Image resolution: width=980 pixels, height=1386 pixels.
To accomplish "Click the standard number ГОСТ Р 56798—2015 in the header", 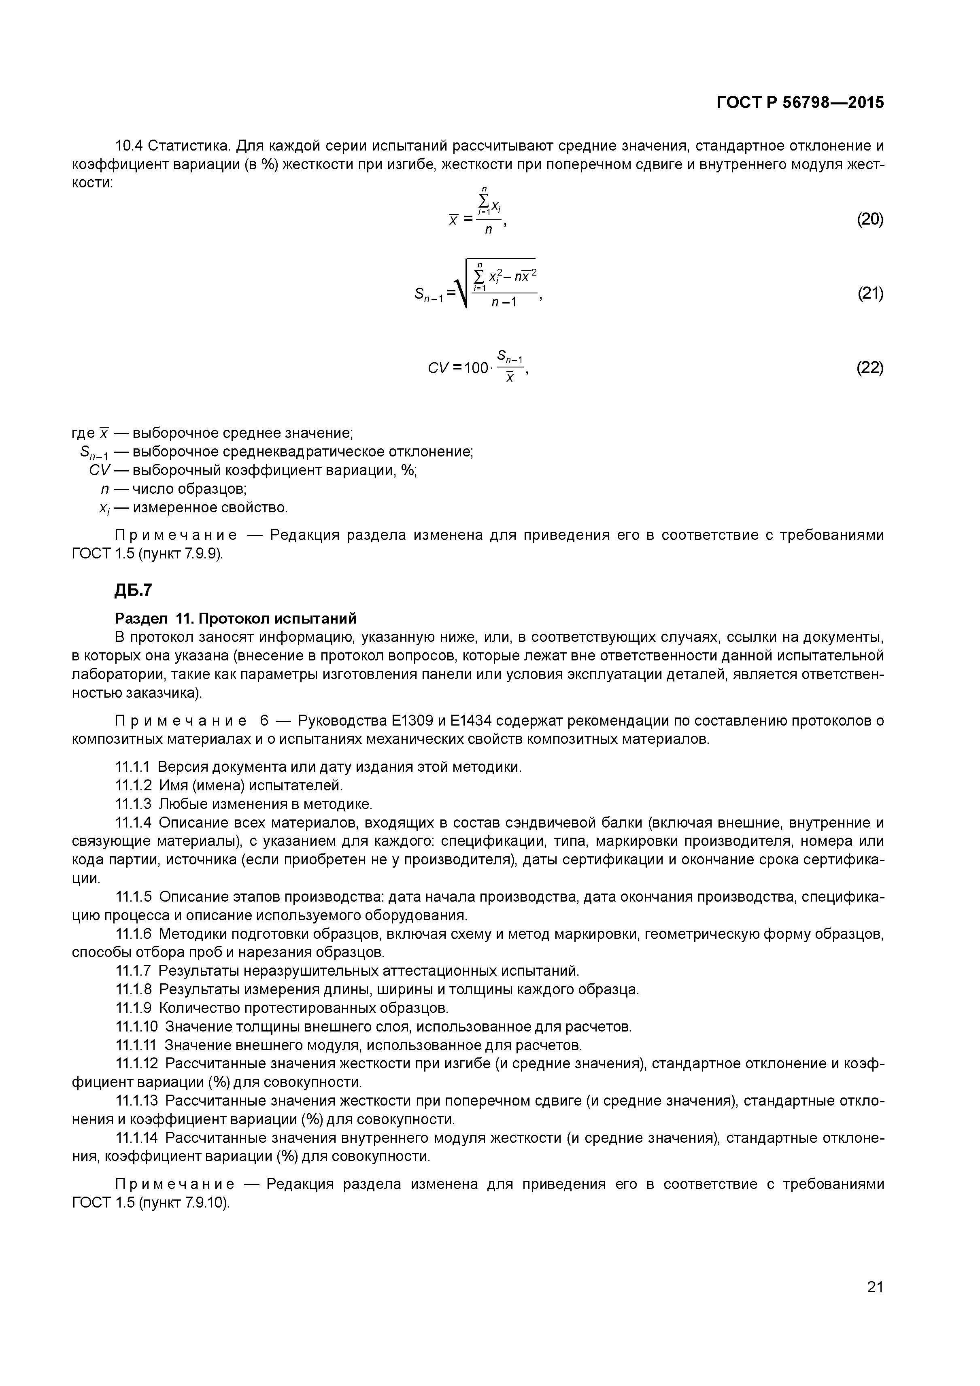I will [x=799, y=103].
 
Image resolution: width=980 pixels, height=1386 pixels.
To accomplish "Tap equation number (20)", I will [x=869, y=219].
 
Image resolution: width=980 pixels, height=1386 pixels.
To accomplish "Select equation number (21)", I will [x=869, y=294].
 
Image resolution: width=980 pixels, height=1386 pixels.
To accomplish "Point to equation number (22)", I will [x=869, y=367].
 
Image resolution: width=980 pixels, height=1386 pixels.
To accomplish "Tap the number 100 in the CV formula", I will [x=476, y=367].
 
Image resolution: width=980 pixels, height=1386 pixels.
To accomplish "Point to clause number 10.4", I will [x=129, y=146].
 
